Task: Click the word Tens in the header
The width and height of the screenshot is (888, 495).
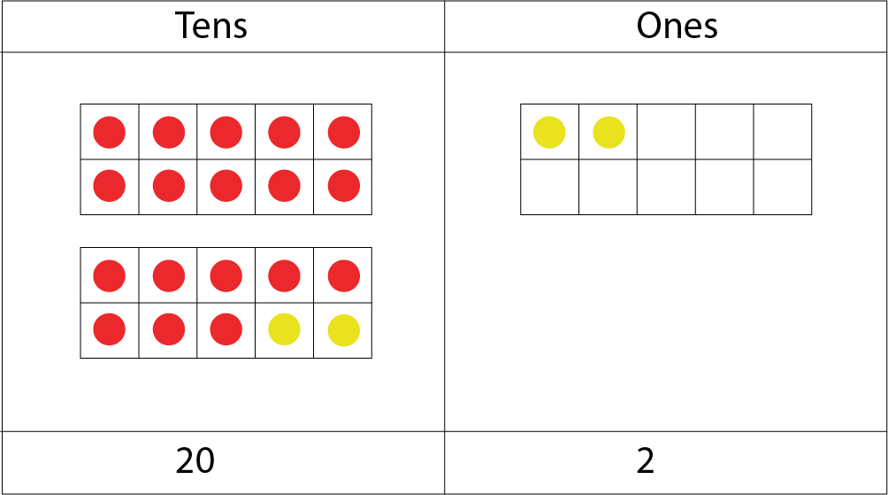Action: (x=211, y=26)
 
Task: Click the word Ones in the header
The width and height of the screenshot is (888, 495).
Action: (x=677, y=26)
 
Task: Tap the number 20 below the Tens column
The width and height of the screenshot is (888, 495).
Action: (x=195, y=461)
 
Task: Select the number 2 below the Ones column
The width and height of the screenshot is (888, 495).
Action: (x=646, y=461)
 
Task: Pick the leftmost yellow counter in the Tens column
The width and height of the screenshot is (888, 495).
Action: (x=285, y=330)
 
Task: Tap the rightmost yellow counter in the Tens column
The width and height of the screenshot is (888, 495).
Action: (x=343, y=330)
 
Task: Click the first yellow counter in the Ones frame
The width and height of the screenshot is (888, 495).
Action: (x=549, y=133)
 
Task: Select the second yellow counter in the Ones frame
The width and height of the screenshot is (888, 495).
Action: (x=609, y=133)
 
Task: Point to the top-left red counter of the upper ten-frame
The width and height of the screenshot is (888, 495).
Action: (x=110, y=133)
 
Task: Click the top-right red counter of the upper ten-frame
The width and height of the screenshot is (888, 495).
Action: (x=343, y=133)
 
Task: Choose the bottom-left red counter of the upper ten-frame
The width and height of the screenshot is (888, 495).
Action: (x=110, y=187)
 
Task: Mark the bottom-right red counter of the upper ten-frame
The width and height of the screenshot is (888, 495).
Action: (x=343, y=187)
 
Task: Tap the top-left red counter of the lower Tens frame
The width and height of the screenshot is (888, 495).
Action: (x=110, y=276)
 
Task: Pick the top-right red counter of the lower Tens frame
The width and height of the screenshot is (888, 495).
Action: (x=343, y=276)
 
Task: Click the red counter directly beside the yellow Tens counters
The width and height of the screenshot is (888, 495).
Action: (x=226, y=330)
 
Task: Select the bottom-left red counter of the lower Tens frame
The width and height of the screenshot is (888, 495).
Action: (x=110, y=330)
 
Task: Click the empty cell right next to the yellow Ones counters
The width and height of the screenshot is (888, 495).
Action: (x=666, y=133)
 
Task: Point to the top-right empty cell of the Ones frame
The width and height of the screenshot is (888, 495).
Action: (x=783, y=133)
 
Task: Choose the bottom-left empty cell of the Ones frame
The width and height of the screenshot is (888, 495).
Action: (x=549, y=187)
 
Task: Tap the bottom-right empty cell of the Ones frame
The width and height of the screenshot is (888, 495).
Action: (x=783, y=187)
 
